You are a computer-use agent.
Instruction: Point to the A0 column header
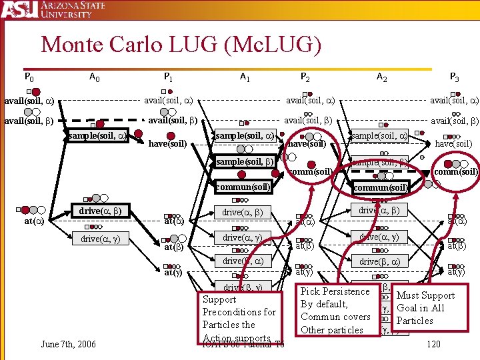95,77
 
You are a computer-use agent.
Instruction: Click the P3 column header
454,77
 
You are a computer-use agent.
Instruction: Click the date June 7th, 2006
67,344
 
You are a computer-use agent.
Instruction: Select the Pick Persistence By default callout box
335,310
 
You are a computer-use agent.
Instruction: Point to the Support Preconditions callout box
239,318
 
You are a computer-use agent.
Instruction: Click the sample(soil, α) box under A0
97,135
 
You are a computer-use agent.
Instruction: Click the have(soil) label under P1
167,143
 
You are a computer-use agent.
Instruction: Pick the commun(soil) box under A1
243,187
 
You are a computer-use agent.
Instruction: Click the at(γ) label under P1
173,272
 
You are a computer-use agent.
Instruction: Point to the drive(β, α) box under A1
243,261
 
